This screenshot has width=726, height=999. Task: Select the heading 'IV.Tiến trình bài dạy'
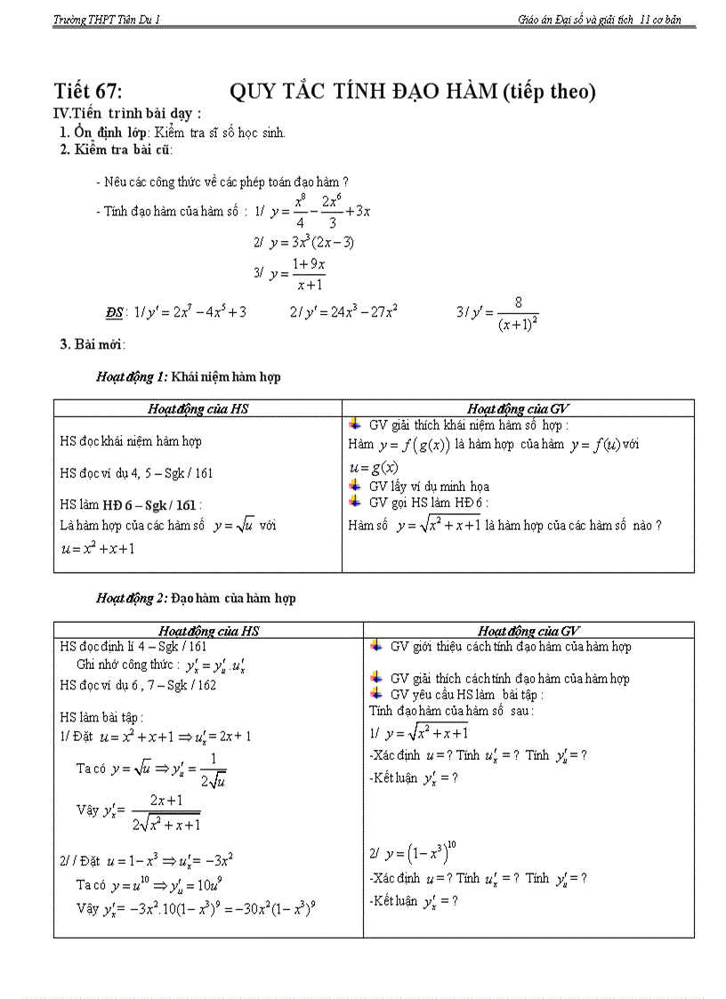tap(127, 114)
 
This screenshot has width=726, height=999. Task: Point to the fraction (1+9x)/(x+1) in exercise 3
tap(308, 274)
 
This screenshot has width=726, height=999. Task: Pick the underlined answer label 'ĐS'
tap(114, 313)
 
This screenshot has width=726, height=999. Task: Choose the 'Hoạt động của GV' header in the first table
tap(518, 409)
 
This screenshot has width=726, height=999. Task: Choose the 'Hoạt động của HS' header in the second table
tap(208, 631)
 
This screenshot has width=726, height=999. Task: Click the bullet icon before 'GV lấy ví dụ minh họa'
tap(355, 486)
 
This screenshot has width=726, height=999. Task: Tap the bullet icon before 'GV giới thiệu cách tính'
tap(376, 647)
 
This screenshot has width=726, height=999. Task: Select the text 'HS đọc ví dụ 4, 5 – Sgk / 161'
tap(136, 473)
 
